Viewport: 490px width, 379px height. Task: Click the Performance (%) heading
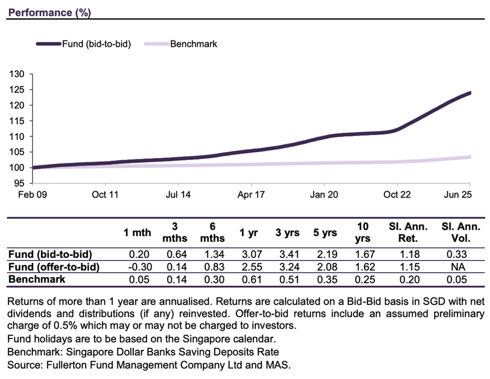tap(49, 12)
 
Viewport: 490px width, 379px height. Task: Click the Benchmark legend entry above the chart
tap(193, 44)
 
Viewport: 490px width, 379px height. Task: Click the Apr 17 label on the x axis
tap(251, 195)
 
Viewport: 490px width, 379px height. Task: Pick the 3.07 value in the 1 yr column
tap(249, 255)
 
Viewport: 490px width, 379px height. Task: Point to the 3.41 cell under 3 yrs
tap(286, 255)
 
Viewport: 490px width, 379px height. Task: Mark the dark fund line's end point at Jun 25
tap(470, 93)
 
